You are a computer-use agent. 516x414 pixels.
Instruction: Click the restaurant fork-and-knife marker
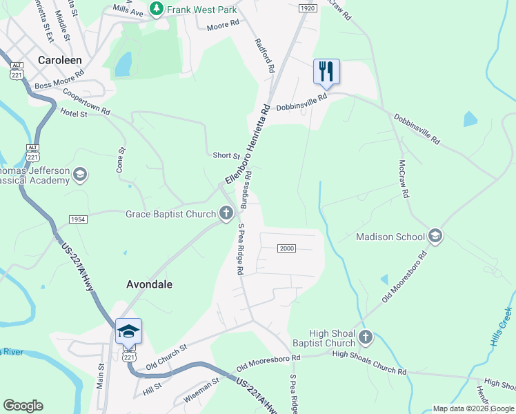[327, 71]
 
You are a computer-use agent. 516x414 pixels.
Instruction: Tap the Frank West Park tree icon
[158, 10]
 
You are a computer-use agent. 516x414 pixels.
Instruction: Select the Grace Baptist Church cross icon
[226, 214]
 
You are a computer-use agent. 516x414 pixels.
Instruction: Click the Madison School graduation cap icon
[435, 237]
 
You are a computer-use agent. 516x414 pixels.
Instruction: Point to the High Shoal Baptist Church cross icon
[366, 337]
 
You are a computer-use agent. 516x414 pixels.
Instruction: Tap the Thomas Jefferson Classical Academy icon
[81, 175]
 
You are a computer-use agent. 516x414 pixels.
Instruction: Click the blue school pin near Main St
[129, 331]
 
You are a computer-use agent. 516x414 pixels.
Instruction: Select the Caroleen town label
[61, 60]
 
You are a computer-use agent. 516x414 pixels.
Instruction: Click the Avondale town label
[149, 284]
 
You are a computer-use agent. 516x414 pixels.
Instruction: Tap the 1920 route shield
[308, 8]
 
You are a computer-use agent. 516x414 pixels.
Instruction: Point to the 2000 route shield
[286, 248]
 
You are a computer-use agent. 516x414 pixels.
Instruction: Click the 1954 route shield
[78, 219]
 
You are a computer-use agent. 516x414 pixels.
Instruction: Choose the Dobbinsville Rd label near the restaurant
[301, 103]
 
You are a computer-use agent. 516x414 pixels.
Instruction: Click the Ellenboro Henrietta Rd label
[246, 145]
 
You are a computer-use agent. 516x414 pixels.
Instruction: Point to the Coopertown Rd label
[86, 101]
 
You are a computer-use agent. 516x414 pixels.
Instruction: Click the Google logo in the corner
[23, 406]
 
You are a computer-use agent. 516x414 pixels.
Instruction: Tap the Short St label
[226, 156]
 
